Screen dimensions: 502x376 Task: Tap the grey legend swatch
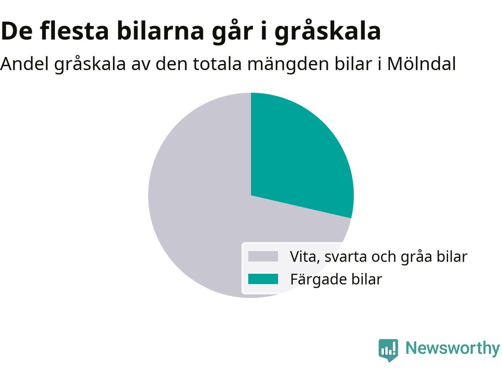[263, 256]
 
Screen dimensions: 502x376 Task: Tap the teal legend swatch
[263, 279]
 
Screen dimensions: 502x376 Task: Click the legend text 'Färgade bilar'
[336, 279]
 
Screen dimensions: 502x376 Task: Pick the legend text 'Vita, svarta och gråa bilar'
[379, 257]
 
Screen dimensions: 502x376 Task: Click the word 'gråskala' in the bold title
[328, 31]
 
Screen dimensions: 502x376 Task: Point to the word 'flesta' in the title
[74, 31]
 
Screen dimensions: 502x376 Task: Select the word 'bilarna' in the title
[160, 31]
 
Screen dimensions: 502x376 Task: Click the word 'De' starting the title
[16, 31]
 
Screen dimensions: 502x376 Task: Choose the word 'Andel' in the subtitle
[24, 64]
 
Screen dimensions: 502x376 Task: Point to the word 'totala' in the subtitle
[217, 64]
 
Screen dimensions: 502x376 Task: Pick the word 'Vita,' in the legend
[305, 257]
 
